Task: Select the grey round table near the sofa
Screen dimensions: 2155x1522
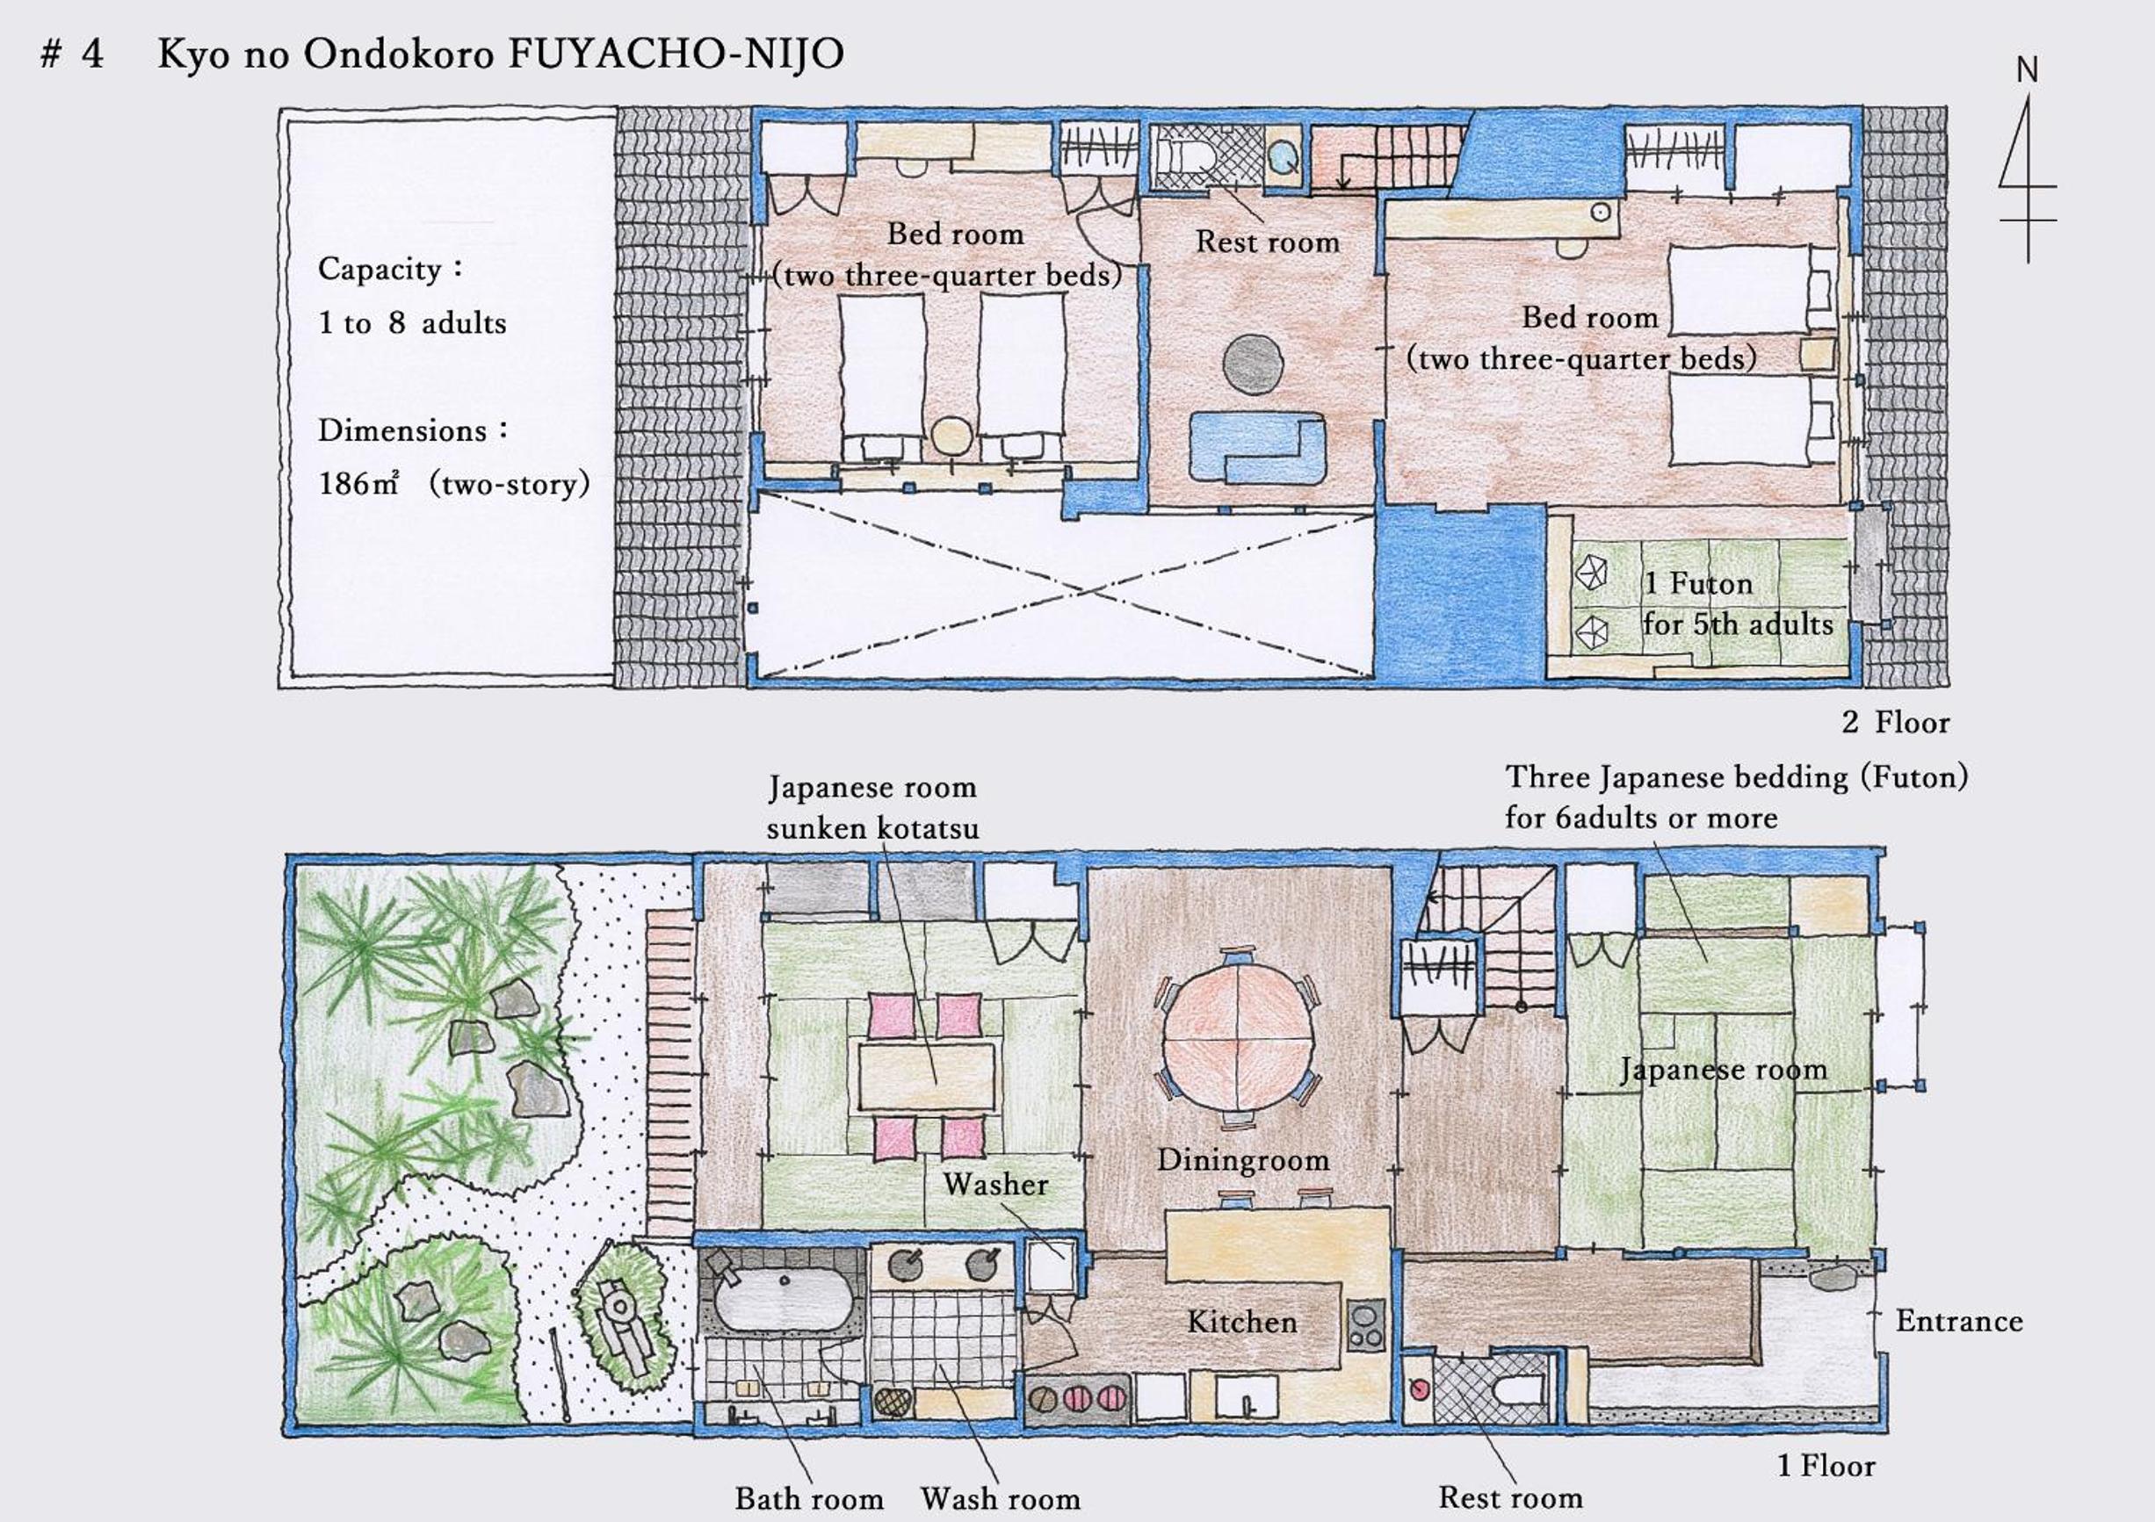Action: click(1253, 364)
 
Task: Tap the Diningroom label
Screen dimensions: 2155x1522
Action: click(1243, 1160)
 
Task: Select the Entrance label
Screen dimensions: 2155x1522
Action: click(1959, 1321)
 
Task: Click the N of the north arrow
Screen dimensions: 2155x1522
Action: click(2027, 69)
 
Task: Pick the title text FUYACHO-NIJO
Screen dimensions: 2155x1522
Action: click(676, 54)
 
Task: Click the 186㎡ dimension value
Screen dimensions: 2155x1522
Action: click(358, 483)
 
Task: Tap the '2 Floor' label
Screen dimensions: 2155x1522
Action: click(1895, 722)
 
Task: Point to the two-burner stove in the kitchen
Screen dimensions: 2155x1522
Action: click(1364, 1324)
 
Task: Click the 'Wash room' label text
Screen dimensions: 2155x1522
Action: click(1000, 1498)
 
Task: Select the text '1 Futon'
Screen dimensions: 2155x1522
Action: click(1699, 584)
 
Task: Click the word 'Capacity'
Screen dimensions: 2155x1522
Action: click(380, 270)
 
